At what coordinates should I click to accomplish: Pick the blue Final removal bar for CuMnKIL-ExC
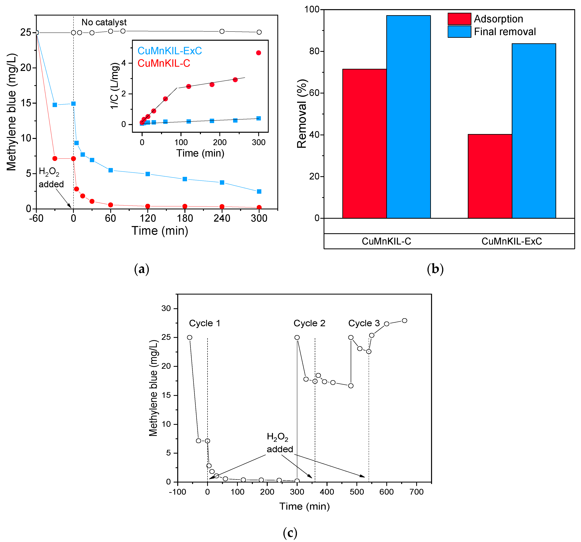[534, 131]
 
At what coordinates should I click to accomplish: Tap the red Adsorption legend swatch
[459, 19]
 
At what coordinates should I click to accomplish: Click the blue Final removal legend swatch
[459, 32]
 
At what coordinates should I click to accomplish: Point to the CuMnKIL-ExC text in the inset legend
[170, 51]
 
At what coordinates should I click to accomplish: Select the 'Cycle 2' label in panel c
[309, 323]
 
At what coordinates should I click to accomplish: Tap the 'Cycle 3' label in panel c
[364, 323]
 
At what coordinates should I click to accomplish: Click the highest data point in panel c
[404, 321]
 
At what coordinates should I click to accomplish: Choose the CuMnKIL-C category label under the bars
[386, 241]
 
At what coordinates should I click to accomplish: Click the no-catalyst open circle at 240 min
[222, 31]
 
